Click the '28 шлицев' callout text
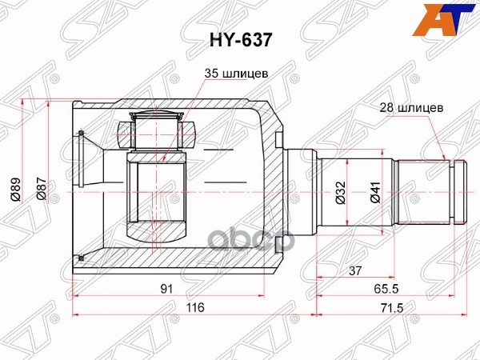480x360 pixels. pos(412,105)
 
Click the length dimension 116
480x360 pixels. pos(194,307)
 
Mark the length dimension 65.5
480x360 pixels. pos(390,289)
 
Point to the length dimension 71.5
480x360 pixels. pos(390,307)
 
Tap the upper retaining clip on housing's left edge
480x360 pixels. pos(81,132)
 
